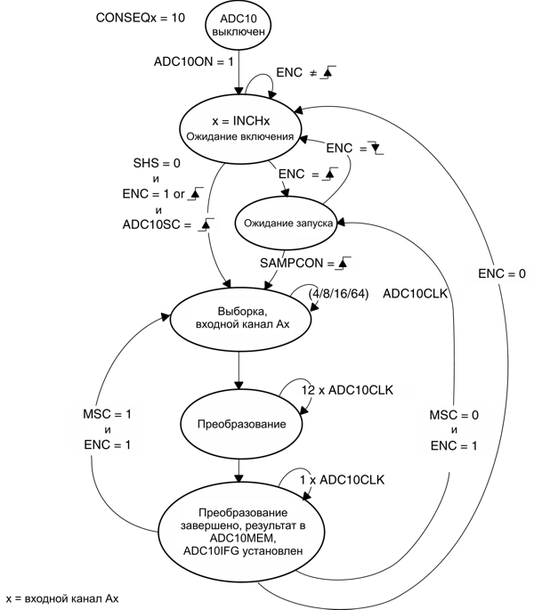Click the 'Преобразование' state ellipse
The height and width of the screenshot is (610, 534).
(239, 424)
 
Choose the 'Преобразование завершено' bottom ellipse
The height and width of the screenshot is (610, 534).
(241, 533)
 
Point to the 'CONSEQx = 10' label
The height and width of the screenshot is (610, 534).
(140, 18)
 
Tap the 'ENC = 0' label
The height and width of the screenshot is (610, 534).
(501, 274)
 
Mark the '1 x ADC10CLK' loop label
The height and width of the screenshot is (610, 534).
(342, 480)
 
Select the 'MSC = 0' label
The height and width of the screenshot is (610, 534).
(453, 415)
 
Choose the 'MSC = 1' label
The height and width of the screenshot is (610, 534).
(106, 414)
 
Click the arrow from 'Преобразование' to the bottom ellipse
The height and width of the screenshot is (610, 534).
(239, 468)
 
